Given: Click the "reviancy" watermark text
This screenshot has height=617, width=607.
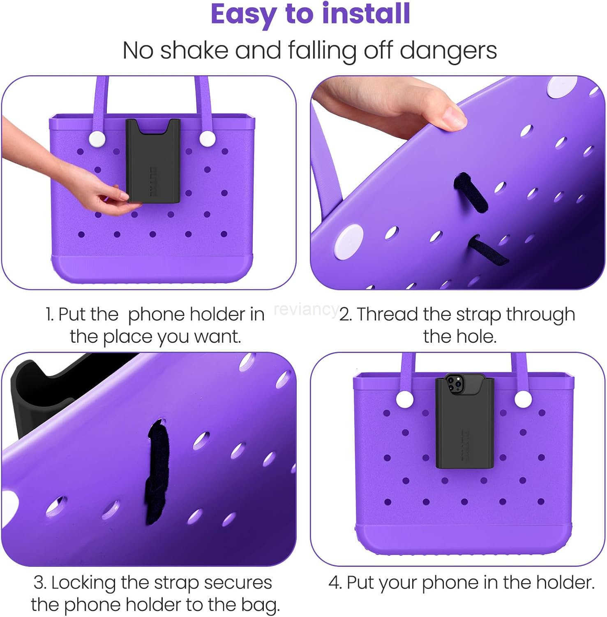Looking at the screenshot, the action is tap(306, 309).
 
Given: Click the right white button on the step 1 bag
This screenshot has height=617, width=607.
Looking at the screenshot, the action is tap(208, 139).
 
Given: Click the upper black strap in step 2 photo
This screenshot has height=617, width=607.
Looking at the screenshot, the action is tap(470, 190).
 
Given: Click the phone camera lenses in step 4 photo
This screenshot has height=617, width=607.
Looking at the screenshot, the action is tap(452, 383).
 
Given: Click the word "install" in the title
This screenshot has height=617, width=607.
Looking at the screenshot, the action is tap(366, 15).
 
